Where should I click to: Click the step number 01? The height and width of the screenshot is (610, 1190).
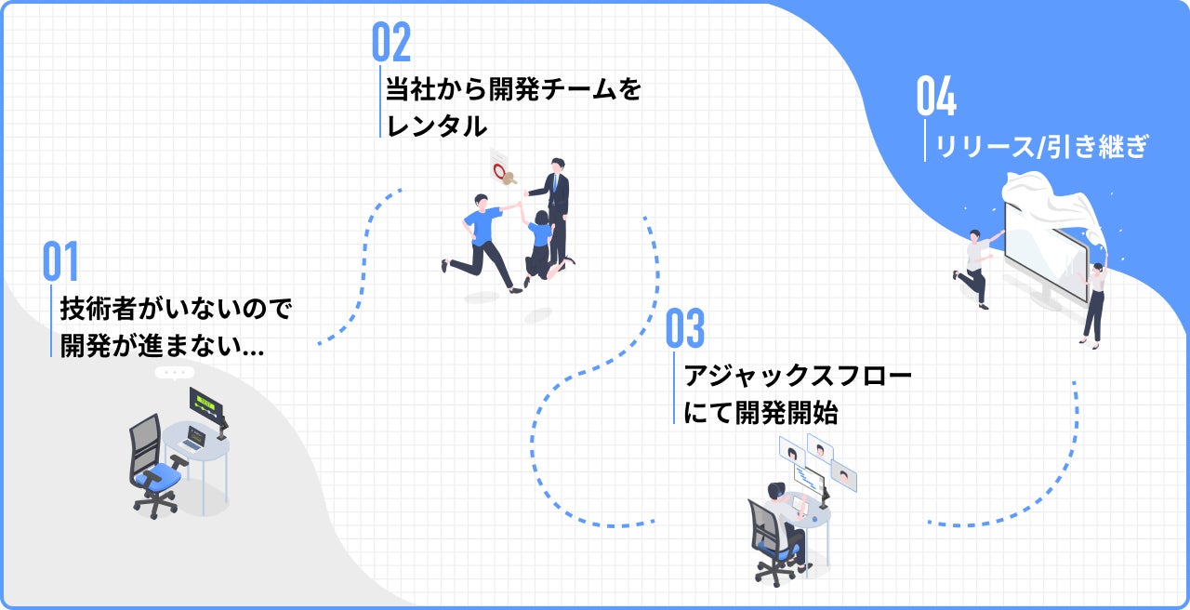60,262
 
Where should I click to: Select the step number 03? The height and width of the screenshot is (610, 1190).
685,329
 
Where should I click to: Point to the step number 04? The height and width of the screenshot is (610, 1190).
936,97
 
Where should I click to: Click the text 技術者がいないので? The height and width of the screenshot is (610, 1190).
176,308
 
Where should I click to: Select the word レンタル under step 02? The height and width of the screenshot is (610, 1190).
436,126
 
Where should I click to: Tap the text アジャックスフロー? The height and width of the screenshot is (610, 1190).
798,377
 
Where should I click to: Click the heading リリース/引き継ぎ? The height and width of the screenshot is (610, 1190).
1042,146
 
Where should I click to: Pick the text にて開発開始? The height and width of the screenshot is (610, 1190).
760,414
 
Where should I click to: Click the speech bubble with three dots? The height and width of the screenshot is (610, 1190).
174,373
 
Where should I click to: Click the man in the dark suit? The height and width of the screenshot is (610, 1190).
556,209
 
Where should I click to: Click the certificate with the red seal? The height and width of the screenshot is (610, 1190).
503,169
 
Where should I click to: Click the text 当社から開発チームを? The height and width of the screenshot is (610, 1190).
513,91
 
